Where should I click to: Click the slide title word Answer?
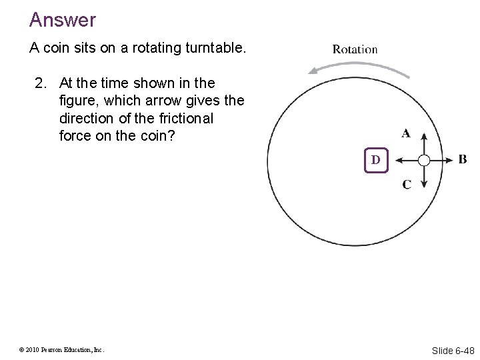[62, 20]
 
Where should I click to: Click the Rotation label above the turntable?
[355, 49]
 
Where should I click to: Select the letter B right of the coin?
[462, 160]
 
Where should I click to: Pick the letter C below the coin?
[406, 185]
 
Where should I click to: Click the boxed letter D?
[375, 160]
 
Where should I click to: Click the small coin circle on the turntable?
[424, 160]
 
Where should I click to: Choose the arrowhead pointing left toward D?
[397, 160]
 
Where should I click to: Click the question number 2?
[41, 83]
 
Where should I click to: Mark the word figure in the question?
[78, 101]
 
